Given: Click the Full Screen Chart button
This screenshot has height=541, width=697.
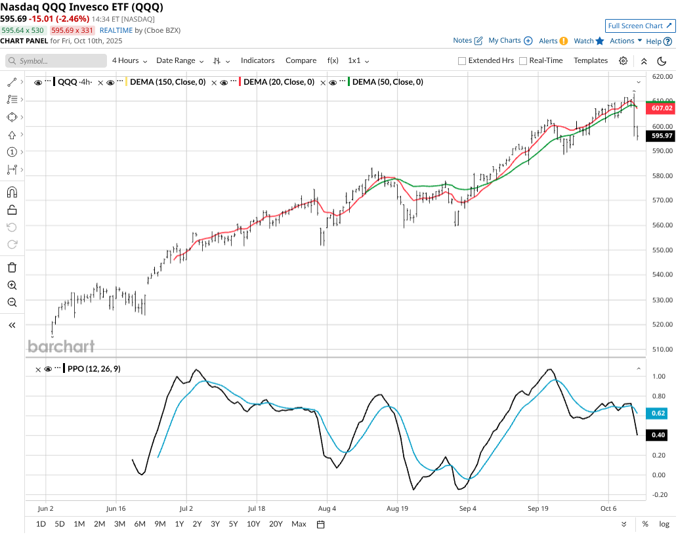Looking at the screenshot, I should pyautogui.click(x=640, y=26).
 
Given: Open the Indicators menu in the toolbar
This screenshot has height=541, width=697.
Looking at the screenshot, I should pyautogui.click(x=257, y=60).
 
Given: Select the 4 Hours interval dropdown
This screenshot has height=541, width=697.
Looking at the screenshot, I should pyautogui.click(x=129, y=60).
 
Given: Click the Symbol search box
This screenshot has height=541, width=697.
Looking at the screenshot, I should pyautogui.click(x=56, y=60).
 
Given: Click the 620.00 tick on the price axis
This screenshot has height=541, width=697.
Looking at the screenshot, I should pyautogui.click(x=664, y=77).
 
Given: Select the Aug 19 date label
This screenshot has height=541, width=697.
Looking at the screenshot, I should pyautogui.click(x=397, y=508).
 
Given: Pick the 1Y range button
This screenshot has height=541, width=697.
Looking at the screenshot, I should pyautogui.click(x=179, y=524).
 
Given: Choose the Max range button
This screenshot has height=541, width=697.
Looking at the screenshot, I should pyautogui.click(x=299, y=524).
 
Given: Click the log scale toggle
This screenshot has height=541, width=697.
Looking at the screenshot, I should pyautogui.click(x=664, y=524).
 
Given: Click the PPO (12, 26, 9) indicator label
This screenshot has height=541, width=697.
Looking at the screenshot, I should pyautogui.click(x=94, y=369).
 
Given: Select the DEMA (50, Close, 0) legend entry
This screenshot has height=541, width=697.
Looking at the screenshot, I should pyautogui.click(x=387, y=82).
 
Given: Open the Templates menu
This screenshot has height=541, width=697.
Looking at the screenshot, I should pyautogui.click(x=591, y=60).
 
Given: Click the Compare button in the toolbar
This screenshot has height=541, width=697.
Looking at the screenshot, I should pyautogui.click(x=301, y=60).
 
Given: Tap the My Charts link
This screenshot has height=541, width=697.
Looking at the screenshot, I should pyautogui.click(x=505, y=41).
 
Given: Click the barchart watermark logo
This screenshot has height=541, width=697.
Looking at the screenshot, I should pyautogui.click(x=61, y=346).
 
